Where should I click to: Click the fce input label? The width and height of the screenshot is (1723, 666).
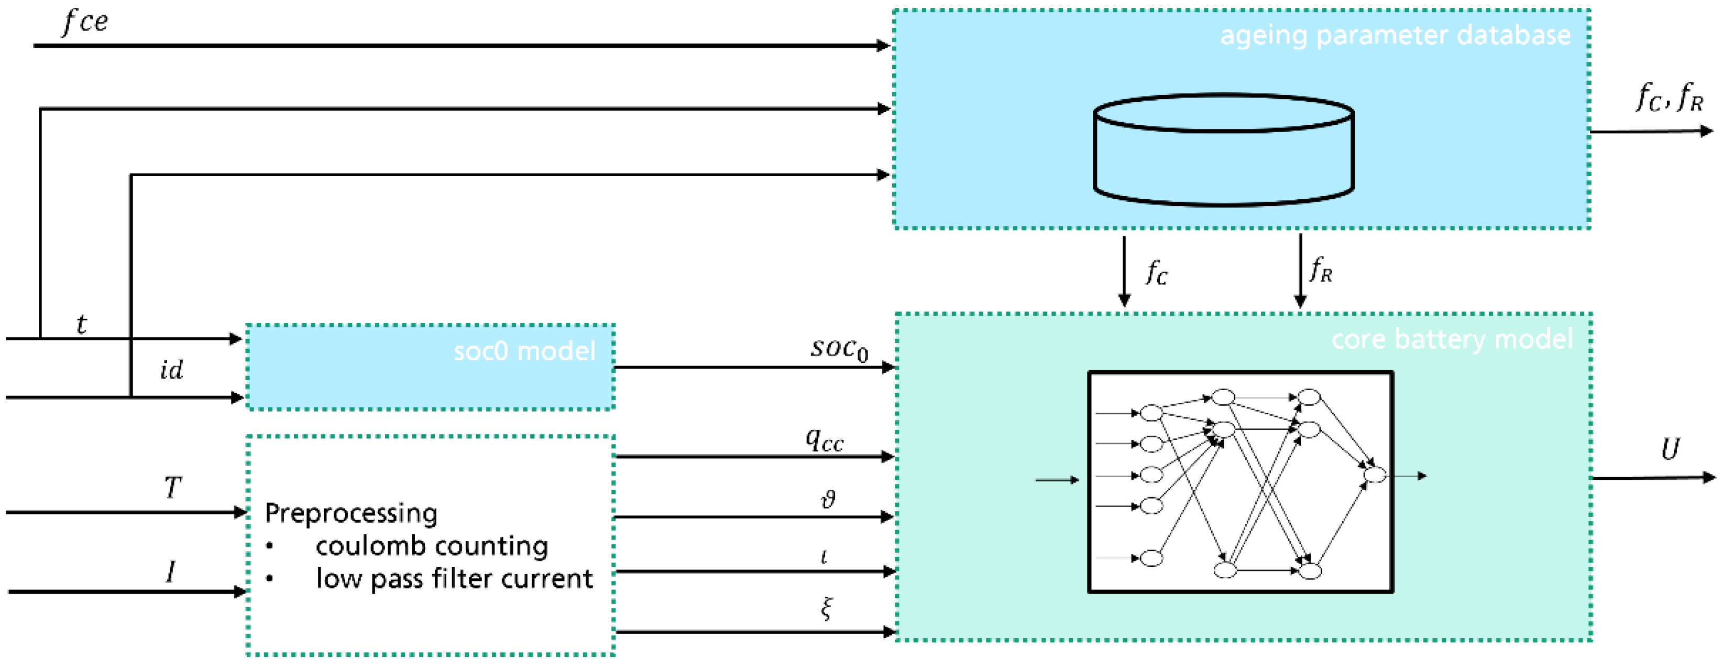coord(84,22)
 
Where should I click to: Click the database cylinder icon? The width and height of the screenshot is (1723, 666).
coord(1223,150)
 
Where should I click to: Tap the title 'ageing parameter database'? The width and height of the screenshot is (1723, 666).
coord(1395,35)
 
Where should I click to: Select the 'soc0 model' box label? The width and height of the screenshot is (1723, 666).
coord(524,351)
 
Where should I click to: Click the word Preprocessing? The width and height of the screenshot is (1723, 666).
coord(351,513)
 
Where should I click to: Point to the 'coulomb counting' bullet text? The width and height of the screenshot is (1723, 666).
coord(432,546)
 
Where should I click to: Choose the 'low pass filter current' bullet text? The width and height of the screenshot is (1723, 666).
coord(454,579)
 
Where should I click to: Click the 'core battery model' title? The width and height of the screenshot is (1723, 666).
coord(1452,339)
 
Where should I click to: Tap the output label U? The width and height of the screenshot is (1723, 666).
coord(1670,449)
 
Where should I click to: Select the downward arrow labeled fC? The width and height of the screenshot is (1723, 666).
coord(1124,271)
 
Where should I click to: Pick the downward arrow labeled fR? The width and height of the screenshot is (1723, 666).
coord(1300,271)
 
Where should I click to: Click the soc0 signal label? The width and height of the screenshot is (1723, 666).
coord(839,349)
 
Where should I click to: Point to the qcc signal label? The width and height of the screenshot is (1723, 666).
coord(824,440)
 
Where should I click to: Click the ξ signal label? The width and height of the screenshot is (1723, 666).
coord(827,608)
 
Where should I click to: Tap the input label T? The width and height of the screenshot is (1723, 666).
coord(172,487)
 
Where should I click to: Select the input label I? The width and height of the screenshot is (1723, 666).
coord(171,572)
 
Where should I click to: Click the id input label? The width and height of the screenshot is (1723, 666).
coord(171,370)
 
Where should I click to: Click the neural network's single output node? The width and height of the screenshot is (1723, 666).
coord(1375,475)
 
